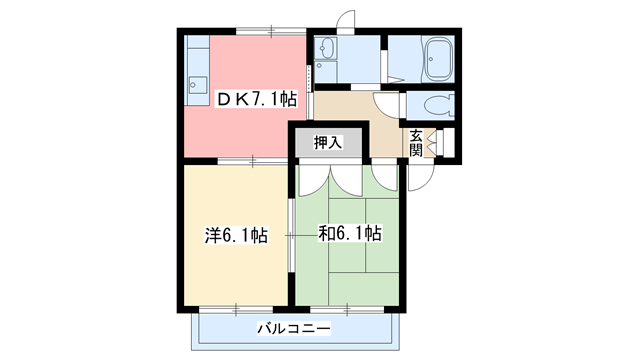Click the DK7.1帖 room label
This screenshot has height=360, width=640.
click(257, 99)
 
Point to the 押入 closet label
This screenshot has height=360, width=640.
click(328, 143)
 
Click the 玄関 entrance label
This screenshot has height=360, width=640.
click(415, 143)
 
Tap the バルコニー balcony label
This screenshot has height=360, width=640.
click(292, 327)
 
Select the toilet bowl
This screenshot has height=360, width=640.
click(438, 104)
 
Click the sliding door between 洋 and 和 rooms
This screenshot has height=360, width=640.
click(290, 234)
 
